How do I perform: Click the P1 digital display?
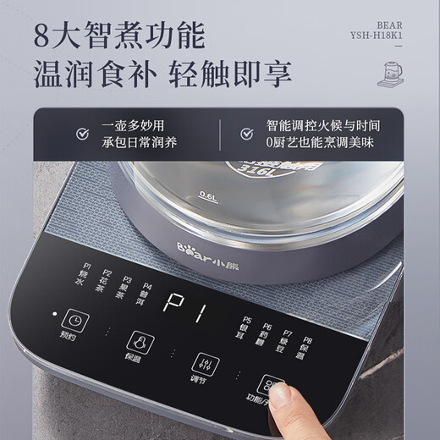pyautogui.click(x=184, y=302)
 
